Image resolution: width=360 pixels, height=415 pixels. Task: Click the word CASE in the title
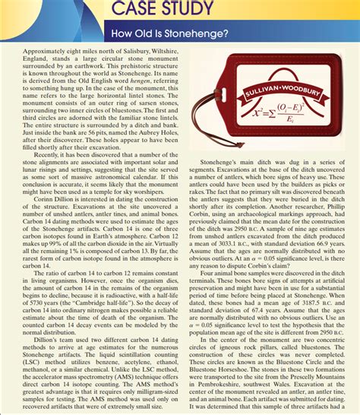[134, 9]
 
